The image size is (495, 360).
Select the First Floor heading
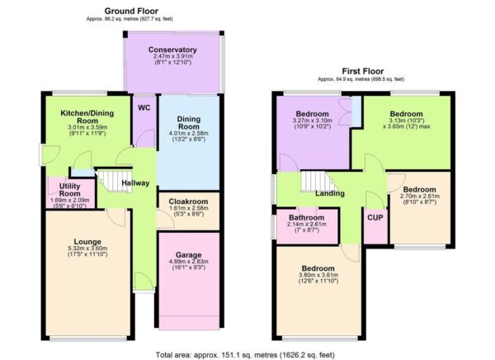[361, 72]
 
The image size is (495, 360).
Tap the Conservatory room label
[172, 50]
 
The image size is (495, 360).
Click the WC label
[144, 107]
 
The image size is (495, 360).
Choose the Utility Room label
[63, 190]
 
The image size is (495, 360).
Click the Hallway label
[136, 183]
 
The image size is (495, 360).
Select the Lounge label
[87, 242]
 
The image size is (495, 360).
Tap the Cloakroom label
[188, 201]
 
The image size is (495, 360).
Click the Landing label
[330, 194]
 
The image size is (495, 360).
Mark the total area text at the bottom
[247, 353]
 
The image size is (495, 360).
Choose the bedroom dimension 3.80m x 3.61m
[318, 277]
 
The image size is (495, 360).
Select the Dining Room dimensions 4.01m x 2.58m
[189, 131]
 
